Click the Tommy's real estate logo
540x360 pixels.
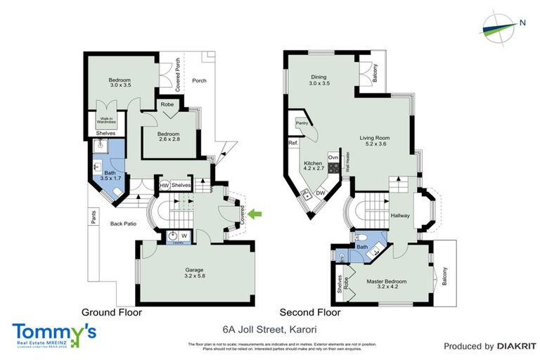click(x=54, y=333)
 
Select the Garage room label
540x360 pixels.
click(x=194, y=272)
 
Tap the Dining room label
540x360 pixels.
click(x=320, y=80)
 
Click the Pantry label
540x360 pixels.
click(x=302, y=123)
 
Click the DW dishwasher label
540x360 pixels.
click(x=320, y=193)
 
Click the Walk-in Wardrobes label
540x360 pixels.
click(x=107, y=120)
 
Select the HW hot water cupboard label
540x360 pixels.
click(x=163, y=185)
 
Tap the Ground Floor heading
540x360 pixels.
click(x=112, y=312)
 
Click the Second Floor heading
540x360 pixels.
click(x=310, y=312)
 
